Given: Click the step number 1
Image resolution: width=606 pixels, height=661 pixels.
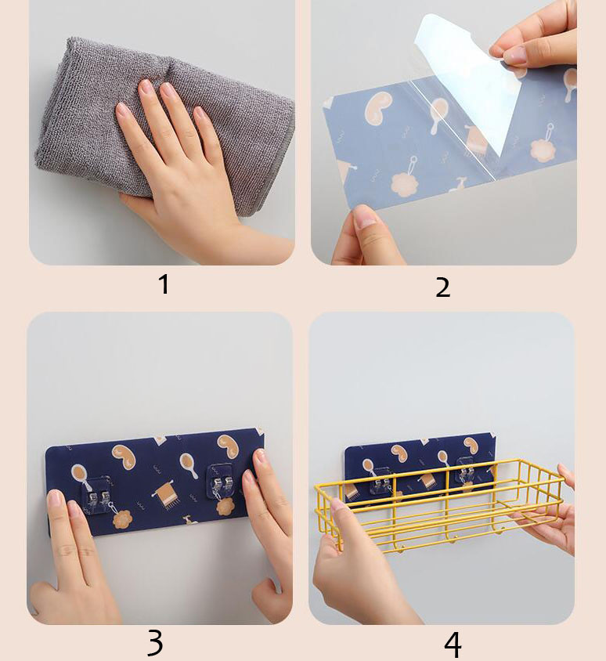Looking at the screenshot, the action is tap(164, 284).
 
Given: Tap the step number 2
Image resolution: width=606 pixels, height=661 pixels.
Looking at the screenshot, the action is tap(443, 288).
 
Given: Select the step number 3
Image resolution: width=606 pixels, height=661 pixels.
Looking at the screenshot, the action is tap(155, 642).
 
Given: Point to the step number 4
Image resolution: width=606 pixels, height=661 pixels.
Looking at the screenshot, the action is tap(453, 645).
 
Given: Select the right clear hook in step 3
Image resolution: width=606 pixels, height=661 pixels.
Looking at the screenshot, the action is tap(222, 482).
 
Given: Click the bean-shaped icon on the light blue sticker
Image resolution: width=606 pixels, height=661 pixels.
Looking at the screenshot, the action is tap(378, 108).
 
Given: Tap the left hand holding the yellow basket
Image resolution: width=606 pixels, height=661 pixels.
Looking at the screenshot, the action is tap(359, 565).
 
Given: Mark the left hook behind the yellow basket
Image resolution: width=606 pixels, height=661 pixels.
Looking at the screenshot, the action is tap(381, 481).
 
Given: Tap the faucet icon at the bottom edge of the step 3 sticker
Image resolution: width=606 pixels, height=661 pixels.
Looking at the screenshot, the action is tap(190, 520).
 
